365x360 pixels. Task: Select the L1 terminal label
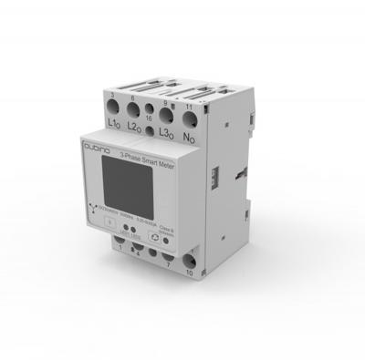point(115,121)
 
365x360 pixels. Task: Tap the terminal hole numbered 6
point(136,109)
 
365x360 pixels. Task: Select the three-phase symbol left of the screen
point(98,208)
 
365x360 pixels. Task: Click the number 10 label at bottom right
point(189,272)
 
